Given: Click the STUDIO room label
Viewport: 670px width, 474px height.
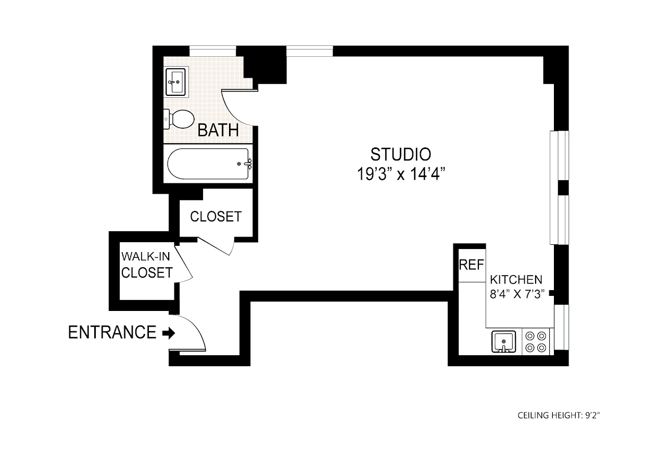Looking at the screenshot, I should pyautogui.click(x=400, y=154).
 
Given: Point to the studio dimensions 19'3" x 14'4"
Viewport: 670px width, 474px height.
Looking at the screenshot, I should pyautogui.click(x=400, y=174).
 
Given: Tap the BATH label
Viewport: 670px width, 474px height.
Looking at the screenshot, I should pyautogui.click(x=218, y=130).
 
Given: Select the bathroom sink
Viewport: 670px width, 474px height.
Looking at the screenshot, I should pyautogui.click(x=176, y=82).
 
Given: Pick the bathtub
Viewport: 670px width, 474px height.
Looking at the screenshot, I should pyautogui.click(x=208, y=164).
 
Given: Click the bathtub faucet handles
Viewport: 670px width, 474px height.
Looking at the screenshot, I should pyautogui.click(x=249, y=164).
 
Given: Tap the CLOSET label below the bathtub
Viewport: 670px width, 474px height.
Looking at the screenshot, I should pyautogui.click(x=216, y=217).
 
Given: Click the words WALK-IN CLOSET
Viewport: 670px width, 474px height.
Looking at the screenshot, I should pyautogui.click(x=146, y=265).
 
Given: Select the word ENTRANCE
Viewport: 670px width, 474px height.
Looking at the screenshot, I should pyautogui.click(x=112, y=332).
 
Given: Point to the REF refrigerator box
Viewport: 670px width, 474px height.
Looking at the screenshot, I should pyautogui.click(x=471, y=265).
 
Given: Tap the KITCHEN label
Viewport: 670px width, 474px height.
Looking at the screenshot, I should pyautogui.click(x=516, y=280).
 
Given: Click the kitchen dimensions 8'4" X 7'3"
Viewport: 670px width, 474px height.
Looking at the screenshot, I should pyautogui.click(x=516, y=294).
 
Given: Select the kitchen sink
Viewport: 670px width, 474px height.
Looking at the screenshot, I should pyautogui.click(x=503, y=342).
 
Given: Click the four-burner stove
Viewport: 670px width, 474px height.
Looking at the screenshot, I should pyautogui.click(x=536, y=342).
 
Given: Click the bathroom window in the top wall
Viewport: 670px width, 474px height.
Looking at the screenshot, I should pyautogui.click(x=212, y=51).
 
